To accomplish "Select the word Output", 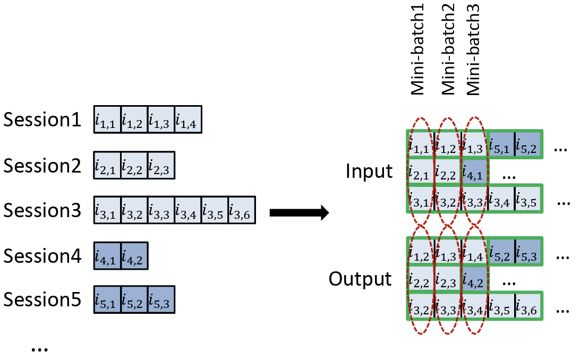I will [x=360, y=278].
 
